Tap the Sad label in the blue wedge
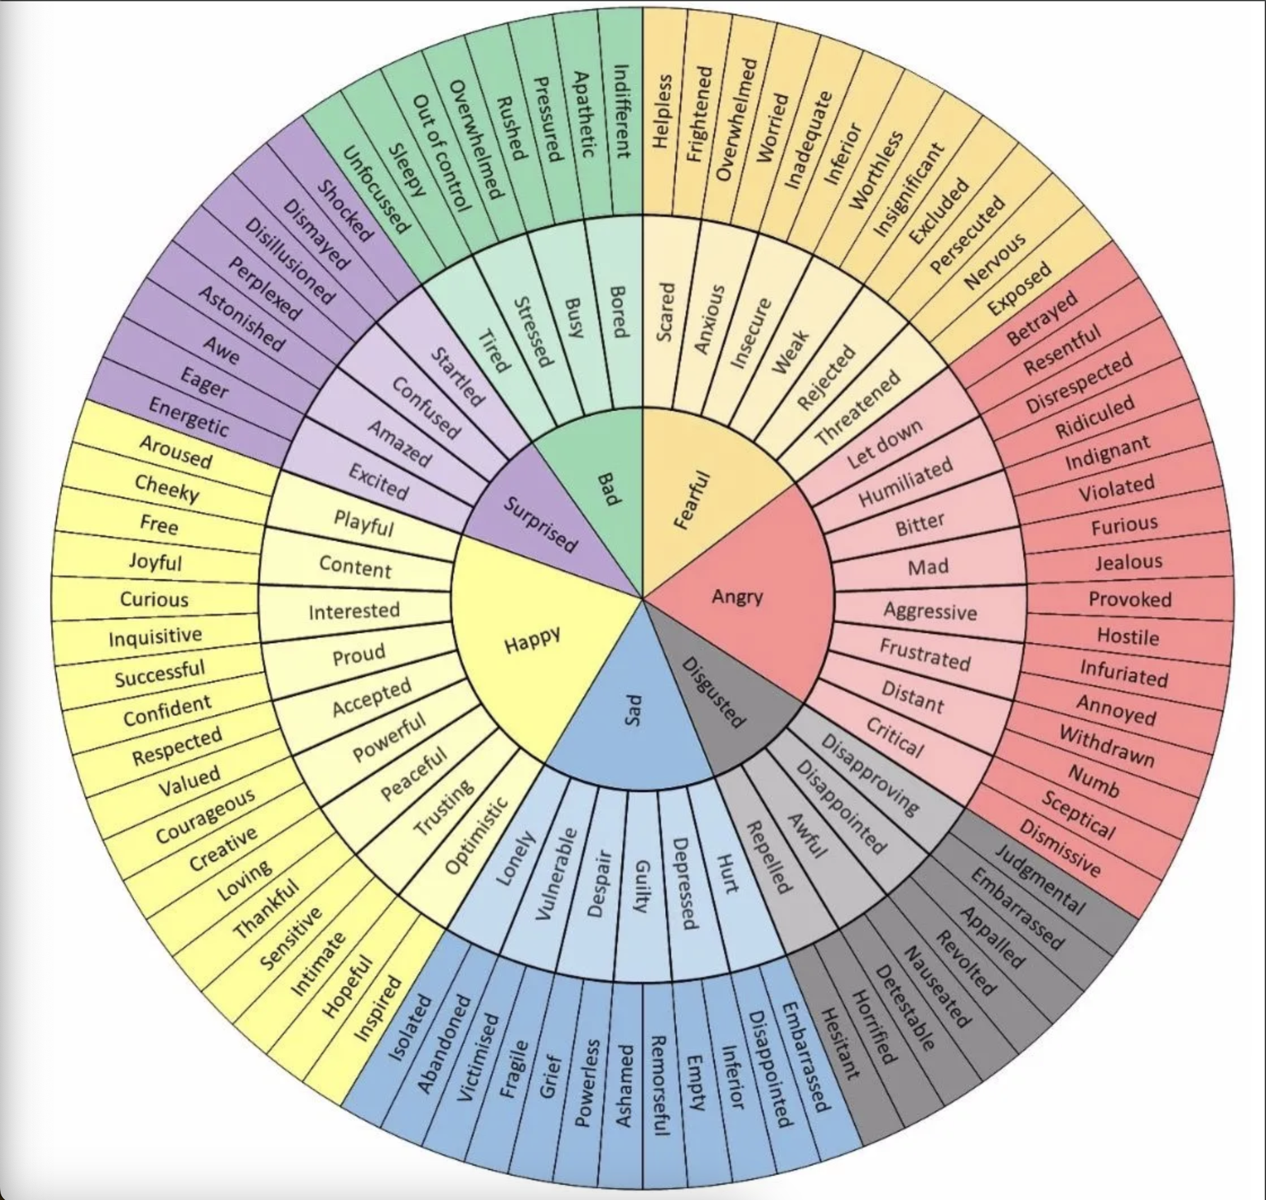point(631,711)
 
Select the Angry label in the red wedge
point(738,597)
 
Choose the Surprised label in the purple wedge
point(540,524)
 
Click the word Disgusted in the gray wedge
point(712,692)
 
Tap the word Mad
point(928,567)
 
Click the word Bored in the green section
point(618,311)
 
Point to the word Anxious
point(710,319)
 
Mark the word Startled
point(457,377)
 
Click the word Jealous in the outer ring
point(1128,562)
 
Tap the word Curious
point(154,599)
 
